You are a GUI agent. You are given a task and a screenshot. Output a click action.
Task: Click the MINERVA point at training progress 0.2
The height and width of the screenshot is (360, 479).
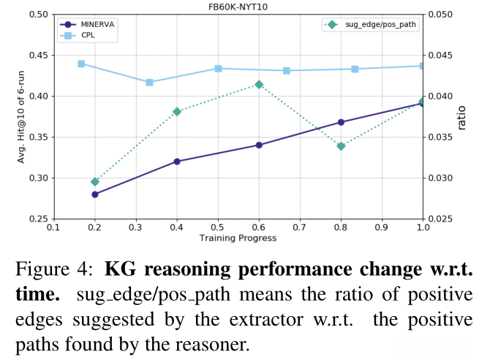(94, 194)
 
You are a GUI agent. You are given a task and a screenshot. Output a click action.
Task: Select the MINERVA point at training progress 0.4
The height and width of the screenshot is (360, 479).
(177, 161)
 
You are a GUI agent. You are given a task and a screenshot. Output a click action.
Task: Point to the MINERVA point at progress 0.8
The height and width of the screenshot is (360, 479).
(341, 121)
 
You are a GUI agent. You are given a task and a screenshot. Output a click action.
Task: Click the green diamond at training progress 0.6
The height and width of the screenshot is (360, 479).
(259, 84)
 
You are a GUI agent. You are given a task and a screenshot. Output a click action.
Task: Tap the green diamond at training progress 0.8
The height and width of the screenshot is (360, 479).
(341, 146)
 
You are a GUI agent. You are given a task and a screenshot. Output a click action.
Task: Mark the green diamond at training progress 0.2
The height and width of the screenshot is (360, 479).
(94, 181)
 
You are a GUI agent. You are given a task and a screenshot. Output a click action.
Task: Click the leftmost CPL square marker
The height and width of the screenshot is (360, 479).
(81, 64)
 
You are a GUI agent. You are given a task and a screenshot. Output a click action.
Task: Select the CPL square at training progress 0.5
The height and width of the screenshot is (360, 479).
(218, 68)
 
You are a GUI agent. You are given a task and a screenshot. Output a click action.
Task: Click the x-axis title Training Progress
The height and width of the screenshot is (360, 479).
(238, 238)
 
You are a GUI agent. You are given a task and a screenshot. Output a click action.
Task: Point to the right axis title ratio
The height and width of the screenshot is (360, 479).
(461, 116)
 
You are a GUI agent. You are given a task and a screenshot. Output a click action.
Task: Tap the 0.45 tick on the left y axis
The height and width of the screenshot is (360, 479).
(38, 55)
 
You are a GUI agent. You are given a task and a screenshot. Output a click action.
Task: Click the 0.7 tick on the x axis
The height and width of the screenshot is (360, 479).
(300, 227)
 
